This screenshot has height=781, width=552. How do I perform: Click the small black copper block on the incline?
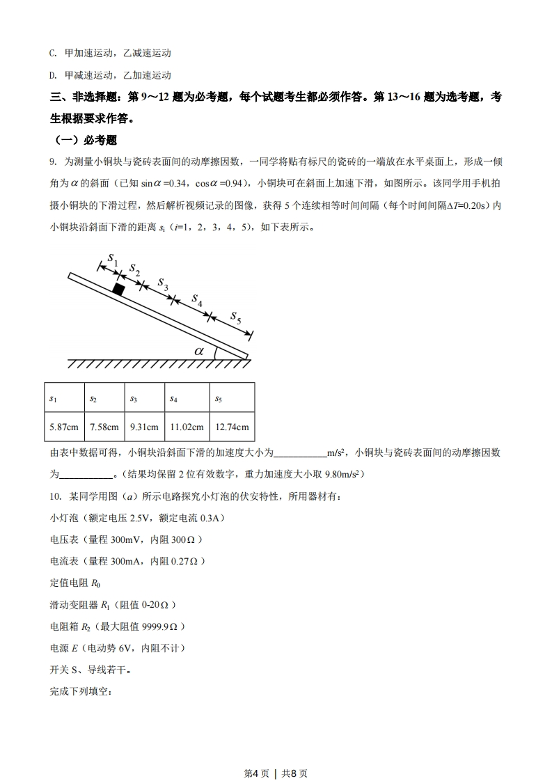pyautogui.click(x=119, y=289)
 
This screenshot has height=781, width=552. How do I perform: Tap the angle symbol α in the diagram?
pyautogui.click(x=199, y=351)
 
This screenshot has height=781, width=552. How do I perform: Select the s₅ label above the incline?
pyautogui.click(x=236, y=319)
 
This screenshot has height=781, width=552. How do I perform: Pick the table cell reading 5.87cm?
pyautogui.click(x=63, y=427)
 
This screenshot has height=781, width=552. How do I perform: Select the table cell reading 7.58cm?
pyautogui.click(x=104, y=427)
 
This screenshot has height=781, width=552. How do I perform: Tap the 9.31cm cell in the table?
pyautogui.click(x=144, y=427)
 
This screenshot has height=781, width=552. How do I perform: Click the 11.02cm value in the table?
pyautogui.click(x=187, y=427)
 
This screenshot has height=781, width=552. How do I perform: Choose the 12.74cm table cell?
pyautogui.click(x=232, y=427)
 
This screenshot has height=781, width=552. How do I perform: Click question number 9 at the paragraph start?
pyautogui.click(x=52, y=161)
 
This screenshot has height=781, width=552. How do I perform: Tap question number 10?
pyautogui.click(x=54, y=496)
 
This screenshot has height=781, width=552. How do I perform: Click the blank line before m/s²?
pyautogui.click(x=300, y=453)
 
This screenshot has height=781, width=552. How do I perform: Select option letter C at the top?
pyautogui.click(x=53, y=53)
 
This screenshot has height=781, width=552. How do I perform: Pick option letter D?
pyautogui.click(x=53, y=75)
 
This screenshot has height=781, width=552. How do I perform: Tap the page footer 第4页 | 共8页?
pyautogui.click(x=276, y=754)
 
